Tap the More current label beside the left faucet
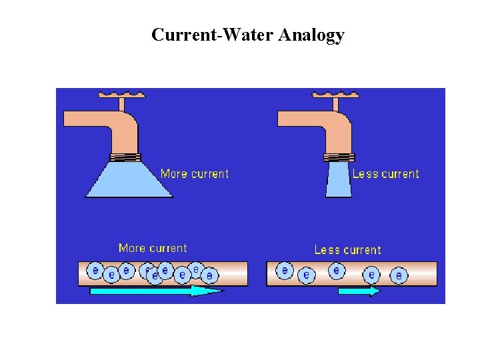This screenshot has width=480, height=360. (195, 174)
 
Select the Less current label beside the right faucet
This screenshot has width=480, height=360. (385, 174)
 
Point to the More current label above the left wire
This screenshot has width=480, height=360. (153, 248)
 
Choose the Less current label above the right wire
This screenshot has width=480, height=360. (347, 250)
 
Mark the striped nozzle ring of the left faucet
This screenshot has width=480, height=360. (125, 158)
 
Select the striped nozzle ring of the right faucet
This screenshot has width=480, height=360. (339, 158)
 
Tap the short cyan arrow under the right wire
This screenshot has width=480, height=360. (359, 291)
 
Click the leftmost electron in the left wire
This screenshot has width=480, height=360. (96, 271)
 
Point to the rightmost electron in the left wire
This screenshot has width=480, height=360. (209, 275)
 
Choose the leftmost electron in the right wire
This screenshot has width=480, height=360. (285, 271)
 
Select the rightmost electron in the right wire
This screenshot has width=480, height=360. (399, 275)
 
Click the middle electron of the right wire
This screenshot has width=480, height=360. (337, 271)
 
